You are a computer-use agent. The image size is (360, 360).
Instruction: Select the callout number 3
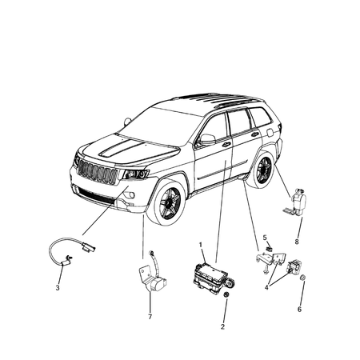[x=58, y=287]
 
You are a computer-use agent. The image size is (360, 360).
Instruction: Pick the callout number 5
[x=264, y=238]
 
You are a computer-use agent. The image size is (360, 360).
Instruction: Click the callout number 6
[x=300, y=309]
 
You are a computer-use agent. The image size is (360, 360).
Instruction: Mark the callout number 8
[x=297, y=241]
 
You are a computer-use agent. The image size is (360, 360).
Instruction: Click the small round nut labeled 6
[x=306, y=278]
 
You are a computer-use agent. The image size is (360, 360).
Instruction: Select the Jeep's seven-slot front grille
[x=94, y=172]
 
